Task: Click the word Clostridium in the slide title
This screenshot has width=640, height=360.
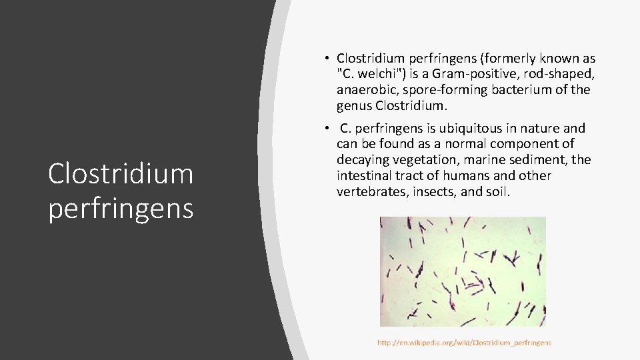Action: (x=121, y=174)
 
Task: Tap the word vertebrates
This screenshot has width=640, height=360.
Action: (x=369, y=192)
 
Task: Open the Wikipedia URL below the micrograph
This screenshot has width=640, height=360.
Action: (x=464, y=343)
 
